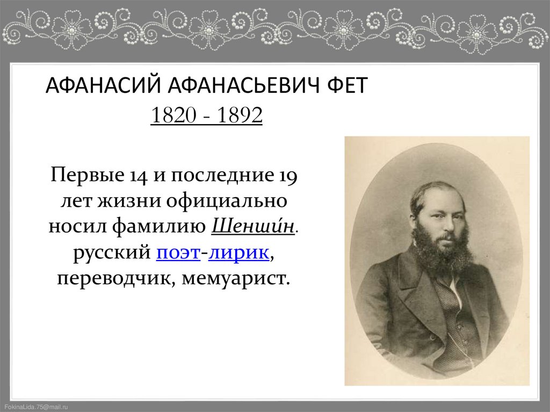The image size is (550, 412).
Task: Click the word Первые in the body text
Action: [x=84, y=175]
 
